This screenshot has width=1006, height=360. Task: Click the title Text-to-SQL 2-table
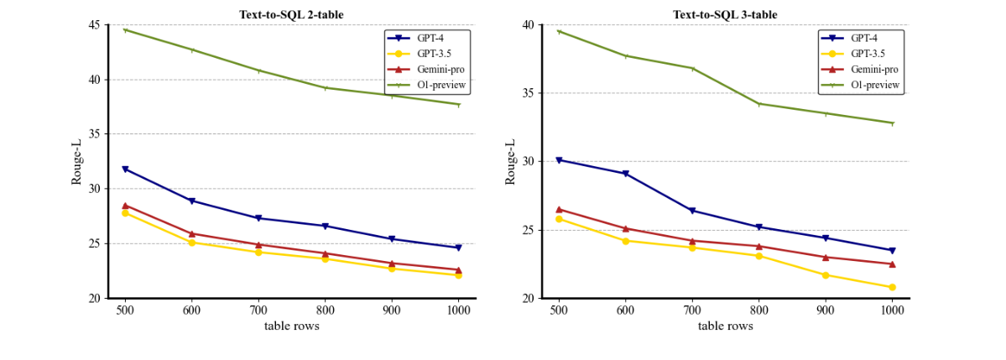point(292,14)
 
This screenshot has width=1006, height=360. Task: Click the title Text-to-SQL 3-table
point(726,14)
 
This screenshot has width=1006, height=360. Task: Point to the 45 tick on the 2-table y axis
point(92,25)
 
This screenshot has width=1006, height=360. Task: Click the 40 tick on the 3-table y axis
point(526,25)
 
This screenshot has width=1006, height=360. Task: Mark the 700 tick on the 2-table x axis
point(258,308)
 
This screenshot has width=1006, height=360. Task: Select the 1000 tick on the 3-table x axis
point(892,308)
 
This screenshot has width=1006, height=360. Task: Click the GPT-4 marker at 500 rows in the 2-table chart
point(125,170)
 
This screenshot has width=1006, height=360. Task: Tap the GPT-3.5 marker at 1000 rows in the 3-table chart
point(892,287)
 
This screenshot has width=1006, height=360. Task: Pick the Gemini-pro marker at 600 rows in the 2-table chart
point(192,233)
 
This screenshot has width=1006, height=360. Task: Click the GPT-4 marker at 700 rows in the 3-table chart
point(692,211)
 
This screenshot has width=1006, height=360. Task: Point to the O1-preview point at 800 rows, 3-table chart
point(758,104)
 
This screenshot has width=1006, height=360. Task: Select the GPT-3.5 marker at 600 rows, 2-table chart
point(192,243)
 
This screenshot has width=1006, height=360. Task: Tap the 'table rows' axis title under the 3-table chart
point(725,326)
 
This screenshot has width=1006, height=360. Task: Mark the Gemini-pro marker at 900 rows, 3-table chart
point(826,257)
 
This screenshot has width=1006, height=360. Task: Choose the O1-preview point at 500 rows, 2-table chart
point(125,30)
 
